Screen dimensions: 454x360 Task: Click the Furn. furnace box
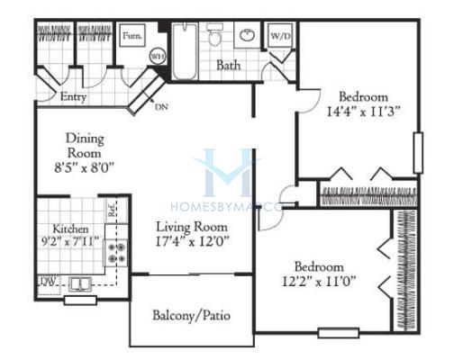tap(132, 36)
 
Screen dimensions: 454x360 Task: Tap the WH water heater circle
tap(158, 56)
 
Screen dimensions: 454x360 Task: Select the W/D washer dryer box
tap(280, 36)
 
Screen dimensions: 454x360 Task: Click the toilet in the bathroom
tap(214, 34)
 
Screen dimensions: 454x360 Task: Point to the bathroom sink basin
tap(247, 35)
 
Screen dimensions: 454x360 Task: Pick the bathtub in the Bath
tap(185, 51)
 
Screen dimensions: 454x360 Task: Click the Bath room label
tap(229, 65)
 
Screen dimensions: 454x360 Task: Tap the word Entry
tap(73, 96)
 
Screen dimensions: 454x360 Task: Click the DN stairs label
tap(161, 107)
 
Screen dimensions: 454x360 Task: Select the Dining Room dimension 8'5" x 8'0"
tap(85, 167)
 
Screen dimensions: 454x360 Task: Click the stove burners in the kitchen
tap(116, 253)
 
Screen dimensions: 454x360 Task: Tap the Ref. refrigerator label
tap(112, 210)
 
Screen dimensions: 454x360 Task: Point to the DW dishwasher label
tap(49, 281)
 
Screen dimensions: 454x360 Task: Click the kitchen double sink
tap(80, 283)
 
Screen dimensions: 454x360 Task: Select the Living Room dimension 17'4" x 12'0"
tap(192, 241)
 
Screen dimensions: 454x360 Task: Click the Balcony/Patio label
tap(192, 316)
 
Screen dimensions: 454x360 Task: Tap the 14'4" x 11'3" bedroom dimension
tap(364, 112)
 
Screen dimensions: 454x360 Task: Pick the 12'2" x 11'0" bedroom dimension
tap(319, 282)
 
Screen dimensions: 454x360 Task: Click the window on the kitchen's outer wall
tap(80, 300)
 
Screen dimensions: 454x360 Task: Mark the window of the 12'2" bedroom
tap(339, 333)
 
